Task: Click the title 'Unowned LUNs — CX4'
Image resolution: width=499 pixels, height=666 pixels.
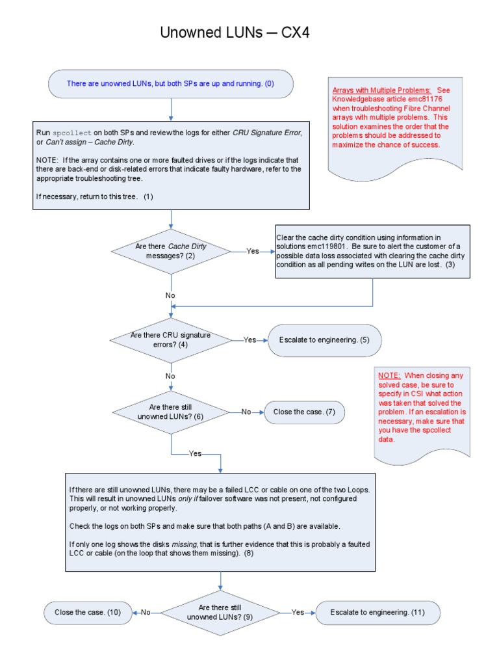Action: coord(235,33)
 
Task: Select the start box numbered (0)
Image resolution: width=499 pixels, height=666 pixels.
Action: coord(171,84)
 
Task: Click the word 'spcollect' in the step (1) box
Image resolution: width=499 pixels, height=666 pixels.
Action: coord(73,133)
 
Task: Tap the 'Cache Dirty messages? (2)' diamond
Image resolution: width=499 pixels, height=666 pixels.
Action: coord(171,251)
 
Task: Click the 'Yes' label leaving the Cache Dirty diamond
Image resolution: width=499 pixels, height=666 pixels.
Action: coord(253,251)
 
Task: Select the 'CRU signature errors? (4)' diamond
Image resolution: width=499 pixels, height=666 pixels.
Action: coord(170,340)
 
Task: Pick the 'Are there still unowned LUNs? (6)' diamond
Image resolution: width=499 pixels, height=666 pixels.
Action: coord(171,412)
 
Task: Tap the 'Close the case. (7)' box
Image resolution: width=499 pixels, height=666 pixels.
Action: coord(304,412)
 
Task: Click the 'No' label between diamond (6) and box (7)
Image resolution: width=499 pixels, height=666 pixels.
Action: coord(246,412)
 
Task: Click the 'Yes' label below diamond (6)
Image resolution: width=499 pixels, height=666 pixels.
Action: coord(195,453)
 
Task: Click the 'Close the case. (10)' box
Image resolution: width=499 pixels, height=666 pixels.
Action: coord(88,612)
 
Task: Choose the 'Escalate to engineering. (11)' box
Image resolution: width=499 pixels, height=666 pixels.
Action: coord(377,612)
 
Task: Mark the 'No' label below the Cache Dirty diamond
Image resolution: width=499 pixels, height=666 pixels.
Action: coord(170,295)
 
